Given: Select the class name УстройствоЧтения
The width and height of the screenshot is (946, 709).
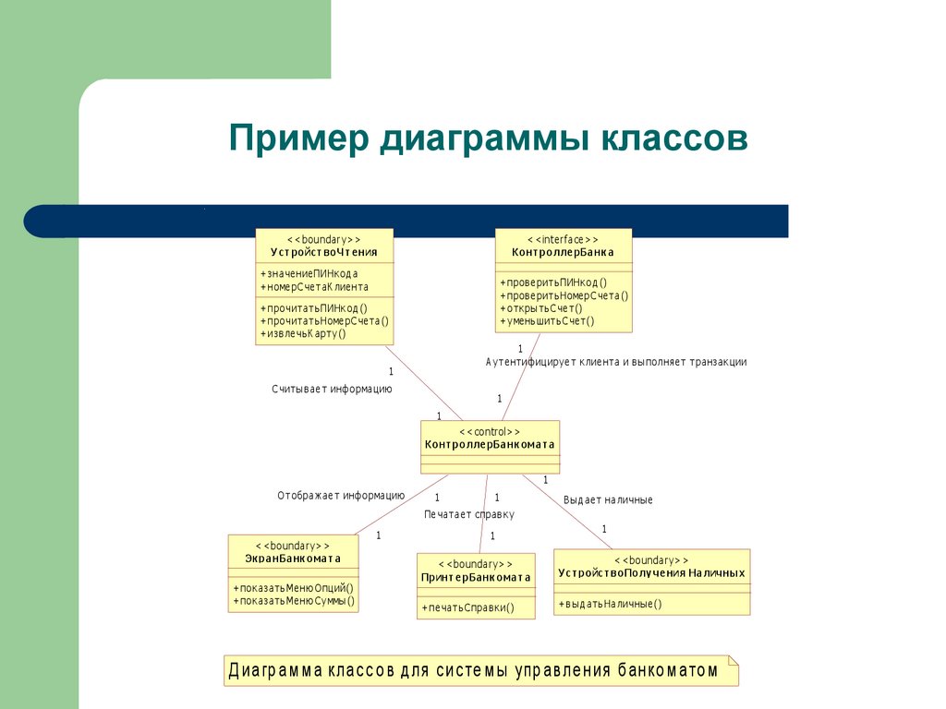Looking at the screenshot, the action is click(x=323, y=252).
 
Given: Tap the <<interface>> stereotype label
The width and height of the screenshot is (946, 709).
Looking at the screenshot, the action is click(x=563, y=238).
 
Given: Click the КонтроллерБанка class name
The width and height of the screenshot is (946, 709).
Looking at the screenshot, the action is click(x=563, y=252).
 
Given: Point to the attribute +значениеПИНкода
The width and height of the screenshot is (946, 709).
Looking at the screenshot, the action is click(x=309, y=273).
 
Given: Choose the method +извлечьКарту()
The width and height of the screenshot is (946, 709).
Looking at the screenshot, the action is click(x=303, y=333).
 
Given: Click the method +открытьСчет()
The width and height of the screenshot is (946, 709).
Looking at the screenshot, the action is click(x=540, y=308).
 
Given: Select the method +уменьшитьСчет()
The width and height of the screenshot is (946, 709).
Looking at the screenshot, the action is click(x=547, y=321).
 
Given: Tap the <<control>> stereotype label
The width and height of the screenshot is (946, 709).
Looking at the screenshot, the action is click(x=489, y=431).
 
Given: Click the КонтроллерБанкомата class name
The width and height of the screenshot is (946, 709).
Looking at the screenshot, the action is click(x=489, y=444).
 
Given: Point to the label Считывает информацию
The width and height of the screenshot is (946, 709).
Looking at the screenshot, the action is click(x=332, y=389).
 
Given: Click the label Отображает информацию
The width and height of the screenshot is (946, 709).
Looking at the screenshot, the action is click(x=340, y=496).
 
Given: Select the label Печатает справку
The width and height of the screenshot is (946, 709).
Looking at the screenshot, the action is click(x=469, y=514).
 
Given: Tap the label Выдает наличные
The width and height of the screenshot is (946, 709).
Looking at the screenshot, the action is click(x=608, y=499).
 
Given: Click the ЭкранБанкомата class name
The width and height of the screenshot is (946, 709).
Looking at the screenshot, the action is click(x=292, y=559).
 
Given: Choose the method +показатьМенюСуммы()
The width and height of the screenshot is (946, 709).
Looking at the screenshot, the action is click(x=294, y=601).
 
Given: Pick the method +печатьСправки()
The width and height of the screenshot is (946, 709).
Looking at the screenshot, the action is click(x=467, y=607).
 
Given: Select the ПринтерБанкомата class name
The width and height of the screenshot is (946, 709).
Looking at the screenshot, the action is click(x=476, y=578).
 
